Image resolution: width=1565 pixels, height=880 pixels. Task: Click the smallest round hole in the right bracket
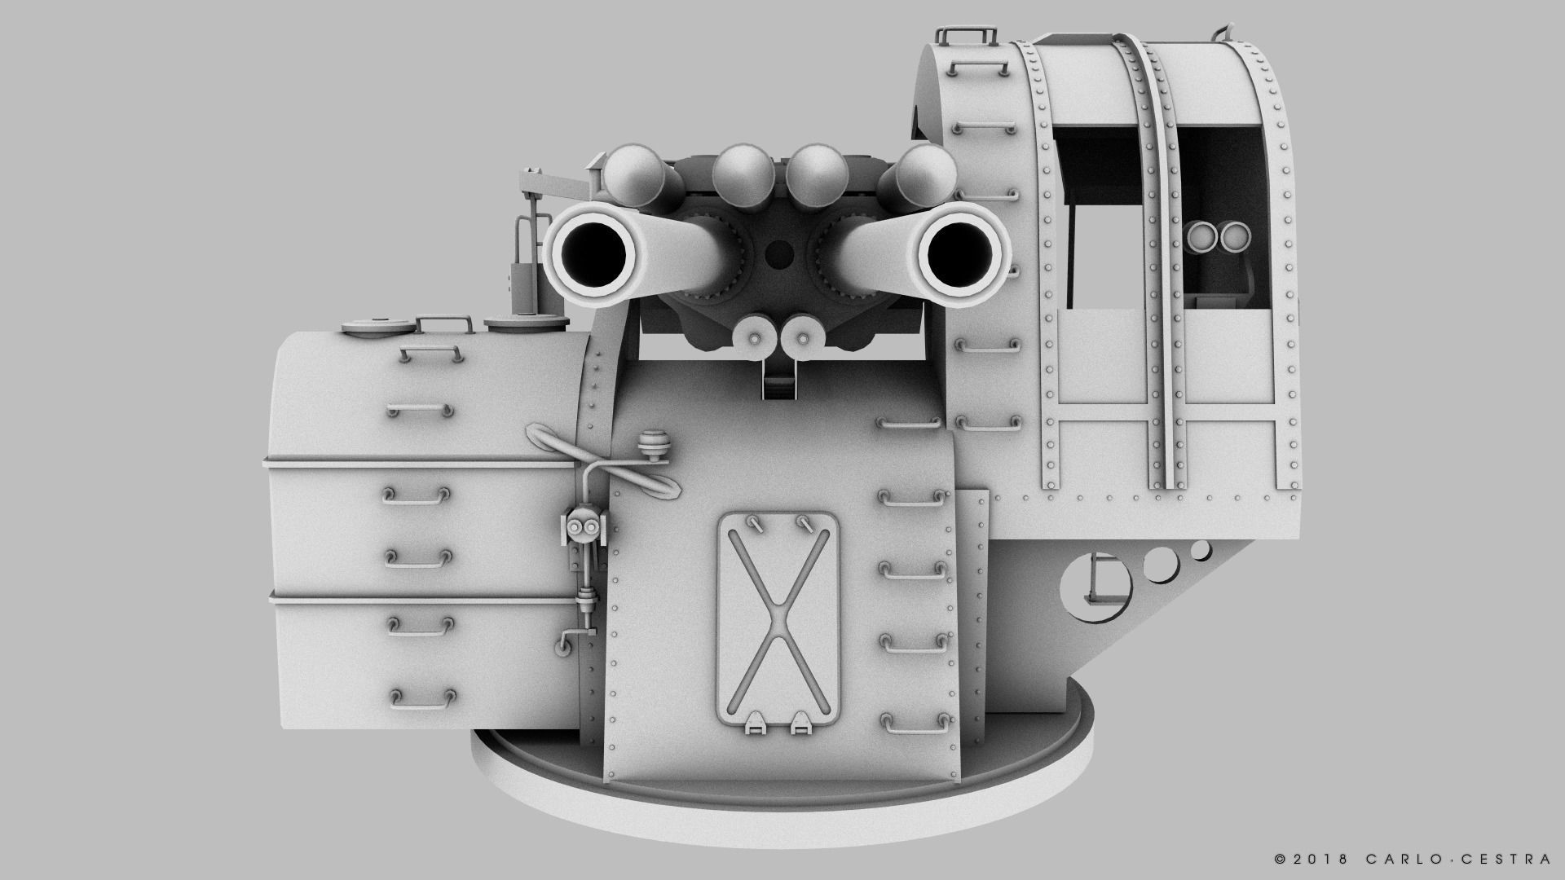1201,550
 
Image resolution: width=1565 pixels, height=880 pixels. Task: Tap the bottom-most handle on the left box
422,697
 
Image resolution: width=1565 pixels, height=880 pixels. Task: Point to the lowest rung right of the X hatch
914,721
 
